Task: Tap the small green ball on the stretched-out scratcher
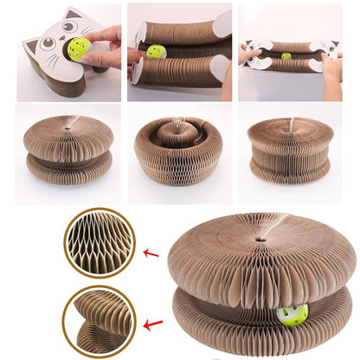[286, 56]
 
